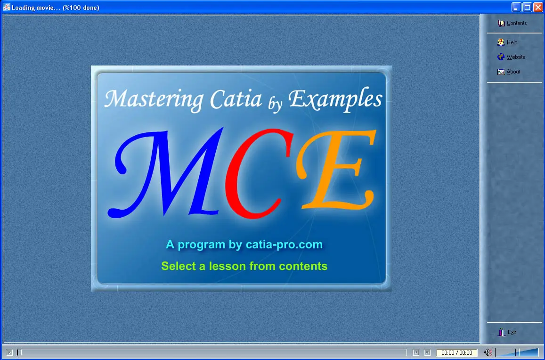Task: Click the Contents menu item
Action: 512,23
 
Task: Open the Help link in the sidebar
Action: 507,42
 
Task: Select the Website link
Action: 511,57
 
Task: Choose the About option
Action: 509,72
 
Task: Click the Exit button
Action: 507,332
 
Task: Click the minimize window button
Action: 516,8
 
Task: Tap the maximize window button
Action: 527,8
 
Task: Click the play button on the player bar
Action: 9,352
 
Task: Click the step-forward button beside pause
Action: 427,352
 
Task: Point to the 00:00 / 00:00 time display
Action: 457,352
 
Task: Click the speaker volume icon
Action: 488,352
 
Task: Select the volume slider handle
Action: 517,352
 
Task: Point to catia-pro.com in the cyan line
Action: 284,245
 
